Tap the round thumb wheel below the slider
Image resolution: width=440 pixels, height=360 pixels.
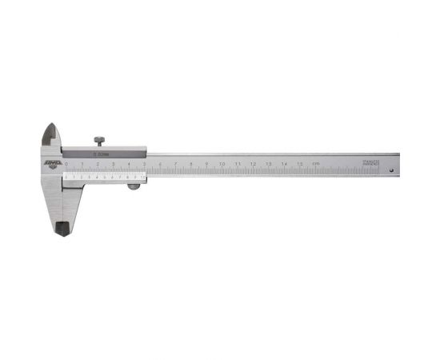(134, 187)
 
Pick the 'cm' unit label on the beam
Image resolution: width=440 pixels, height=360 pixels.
(316, 164)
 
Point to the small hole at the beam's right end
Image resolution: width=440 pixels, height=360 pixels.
(390, 170)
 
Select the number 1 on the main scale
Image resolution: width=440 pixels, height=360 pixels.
(82, 164)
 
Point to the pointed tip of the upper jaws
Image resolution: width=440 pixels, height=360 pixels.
(50, 128)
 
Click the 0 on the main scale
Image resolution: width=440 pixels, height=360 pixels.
(67, 164)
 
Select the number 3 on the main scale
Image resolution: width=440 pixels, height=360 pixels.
(114, 164)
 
